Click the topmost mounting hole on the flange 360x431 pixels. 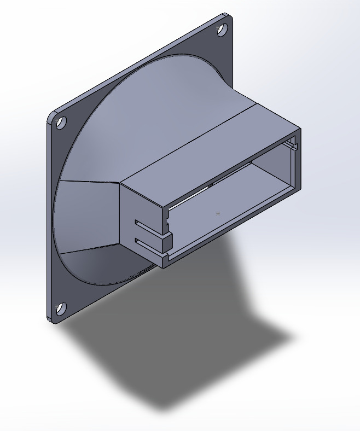(223, 30)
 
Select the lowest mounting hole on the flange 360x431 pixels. (61, 308)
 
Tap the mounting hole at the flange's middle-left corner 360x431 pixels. (61, 123)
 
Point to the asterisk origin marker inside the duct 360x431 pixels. (218, 213)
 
